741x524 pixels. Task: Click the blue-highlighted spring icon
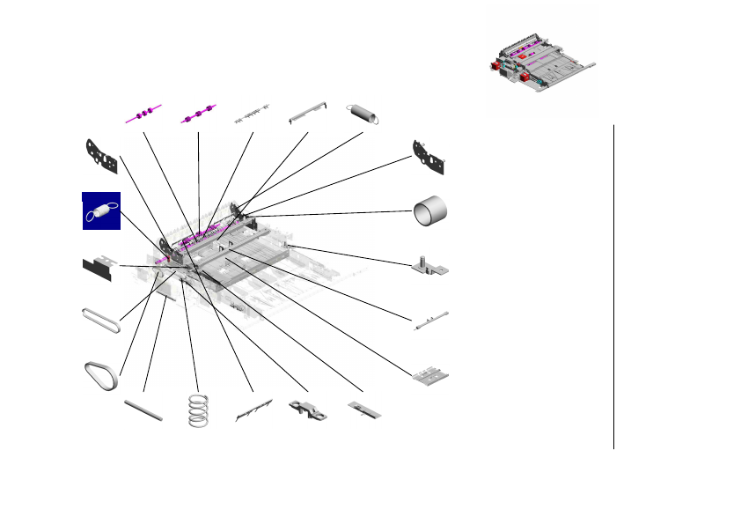point(100,211)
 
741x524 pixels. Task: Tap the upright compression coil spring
point(200,410)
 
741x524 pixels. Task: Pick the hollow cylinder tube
point(430,211)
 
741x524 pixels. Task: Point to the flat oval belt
point(100,320)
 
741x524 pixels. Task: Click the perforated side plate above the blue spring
point(100,156)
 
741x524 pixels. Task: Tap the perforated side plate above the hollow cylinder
point(430,156)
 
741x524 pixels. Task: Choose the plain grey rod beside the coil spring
point(143,410)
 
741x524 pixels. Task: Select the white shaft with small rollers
point(250,115)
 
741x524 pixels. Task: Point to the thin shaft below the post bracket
point(430,320)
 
